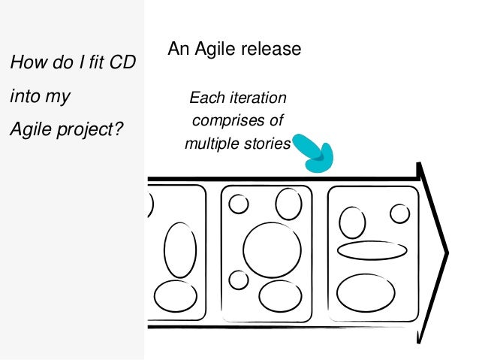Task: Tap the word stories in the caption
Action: (x=268, y=142)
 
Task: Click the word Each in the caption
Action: (x=203, y=98)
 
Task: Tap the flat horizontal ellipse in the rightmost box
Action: (x=372, y=250)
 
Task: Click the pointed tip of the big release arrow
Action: (x=449, y=250)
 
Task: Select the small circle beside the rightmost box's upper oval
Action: (x=400, y=214)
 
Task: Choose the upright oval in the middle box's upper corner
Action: (x=288, y=204)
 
